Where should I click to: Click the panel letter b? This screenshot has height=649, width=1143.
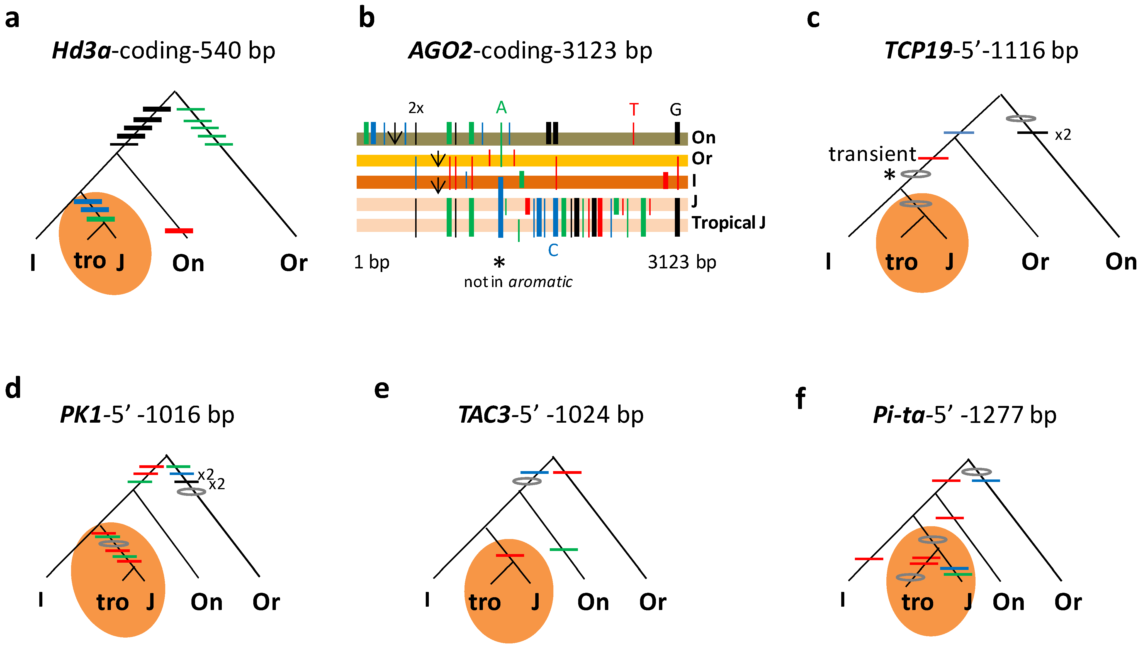(x=367, y=19)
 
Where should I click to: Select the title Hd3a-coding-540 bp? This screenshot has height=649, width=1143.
(x=163, y=50)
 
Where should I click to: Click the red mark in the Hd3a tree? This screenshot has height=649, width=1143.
(x=179, y=231)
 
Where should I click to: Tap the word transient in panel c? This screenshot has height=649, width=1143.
(x=872, y=154)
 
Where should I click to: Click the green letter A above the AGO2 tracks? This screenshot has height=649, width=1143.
(x=501, y=108)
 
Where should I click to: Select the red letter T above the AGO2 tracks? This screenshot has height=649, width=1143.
(x=633, y=110)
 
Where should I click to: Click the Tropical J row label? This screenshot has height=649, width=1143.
(x=728, y=222)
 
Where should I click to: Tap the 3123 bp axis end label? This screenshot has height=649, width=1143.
(x=682, y=262)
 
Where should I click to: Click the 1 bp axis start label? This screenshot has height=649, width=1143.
(x=371, y=262)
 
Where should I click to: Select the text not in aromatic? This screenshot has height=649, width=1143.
(x=518, y=282)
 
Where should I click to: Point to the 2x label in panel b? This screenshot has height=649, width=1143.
(x=416, y=108)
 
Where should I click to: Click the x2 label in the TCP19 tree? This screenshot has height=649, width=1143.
(x=1063, y=134)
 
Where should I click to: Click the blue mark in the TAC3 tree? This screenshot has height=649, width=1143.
(x=534, y=472)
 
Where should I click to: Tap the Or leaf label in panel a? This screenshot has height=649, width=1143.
(x=293, y=263)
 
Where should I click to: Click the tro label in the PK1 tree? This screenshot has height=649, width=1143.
(x=112, y=603)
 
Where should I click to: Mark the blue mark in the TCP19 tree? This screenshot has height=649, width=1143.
(x=959, y=132)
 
